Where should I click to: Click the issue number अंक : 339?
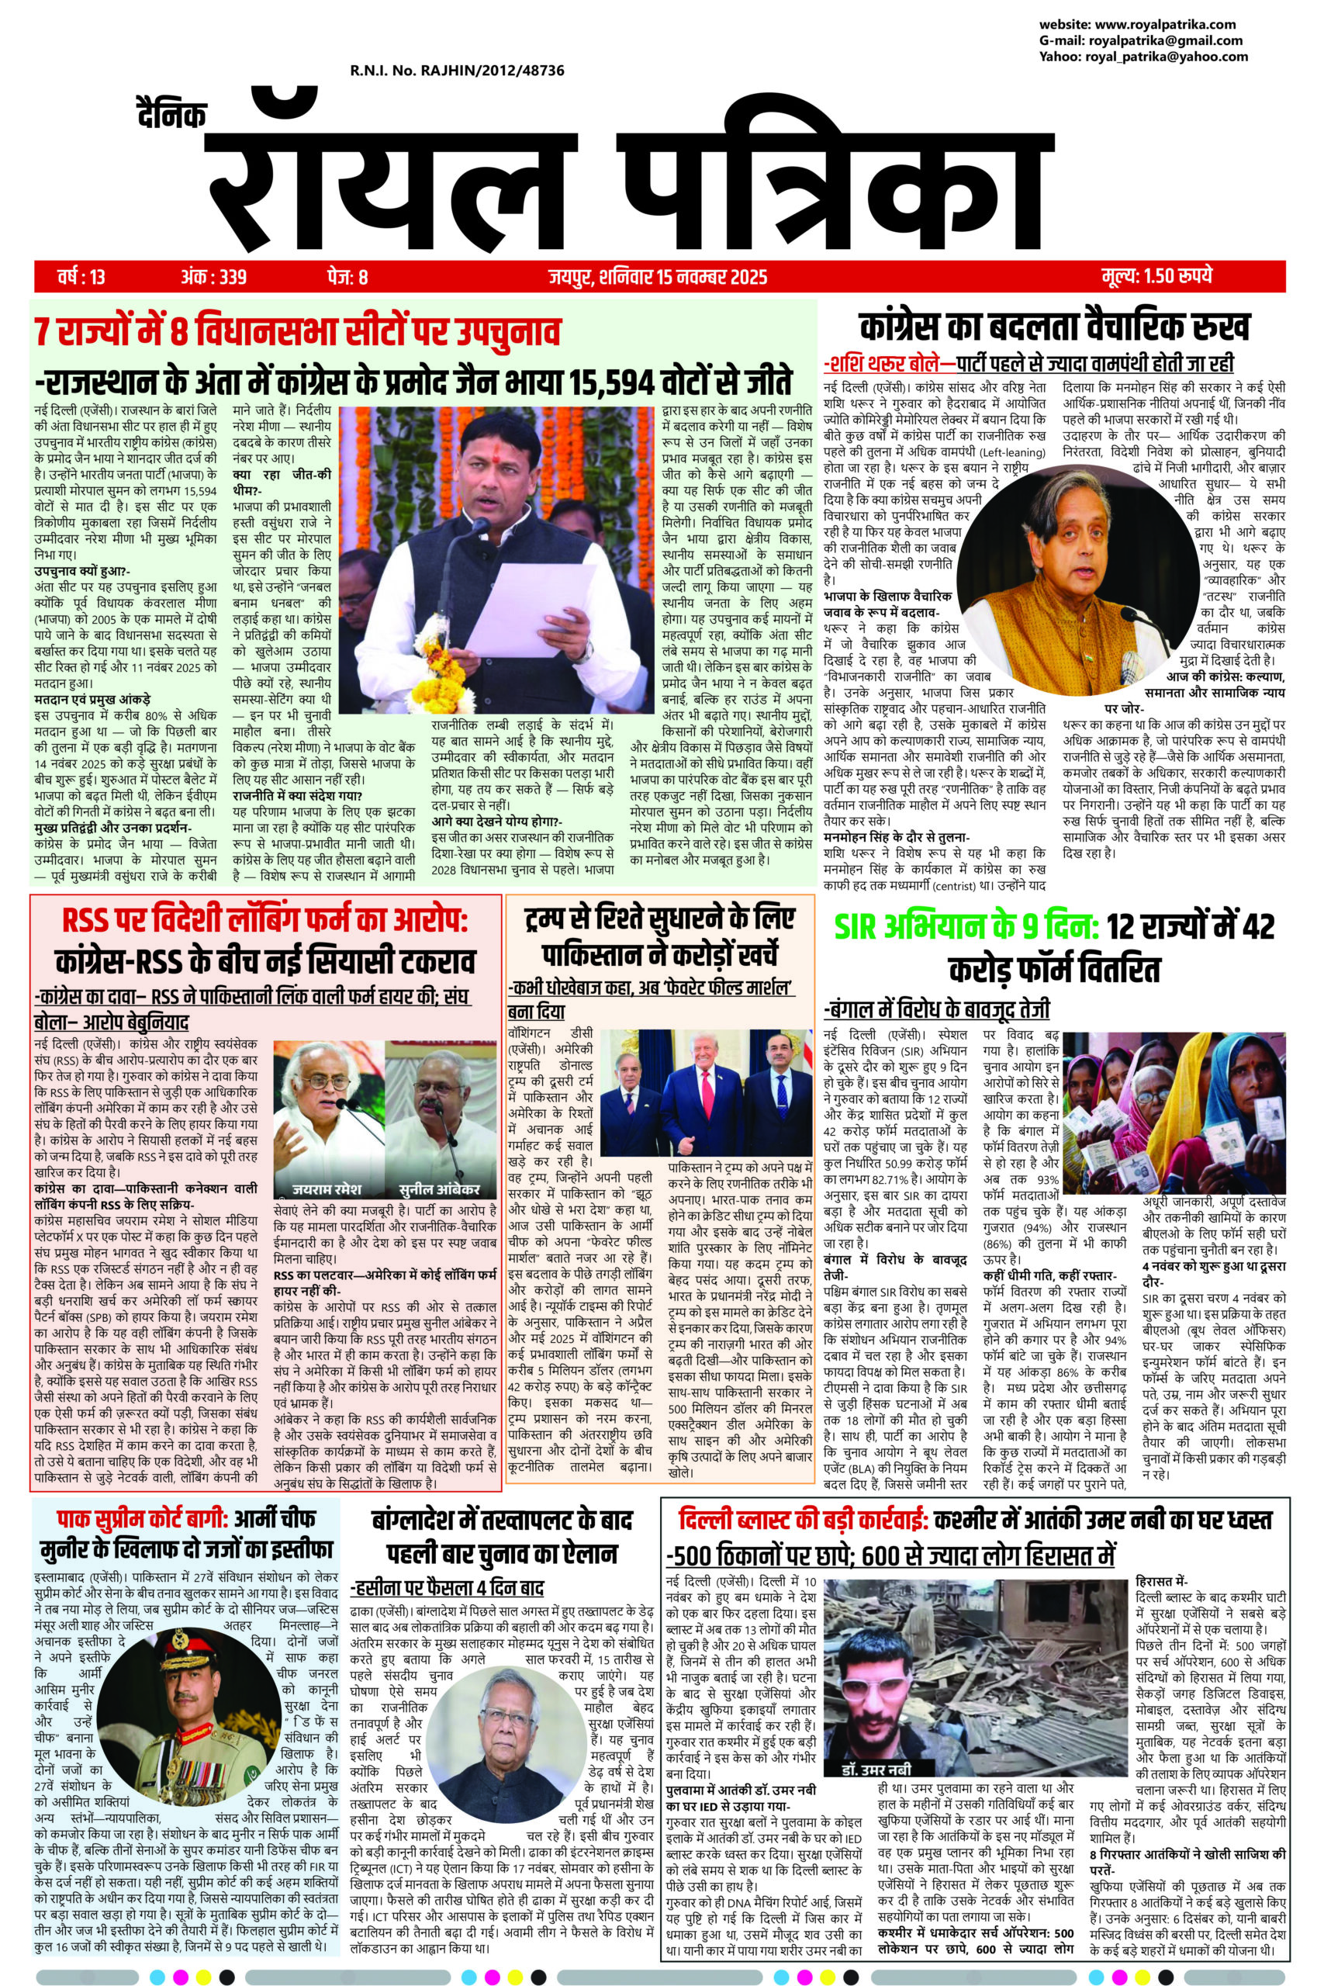(x=213, y=275)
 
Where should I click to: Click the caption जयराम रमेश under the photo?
(x=326, y=1188)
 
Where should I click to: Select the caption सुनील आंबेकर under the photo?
(x=439, y=1188)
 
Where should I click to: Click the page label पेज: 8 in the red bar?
(x=347, y=275)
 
